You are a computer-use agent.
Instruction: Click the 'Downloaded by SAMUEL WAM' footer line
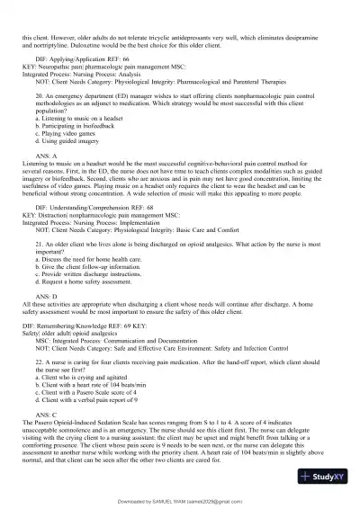coord(180,502)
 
